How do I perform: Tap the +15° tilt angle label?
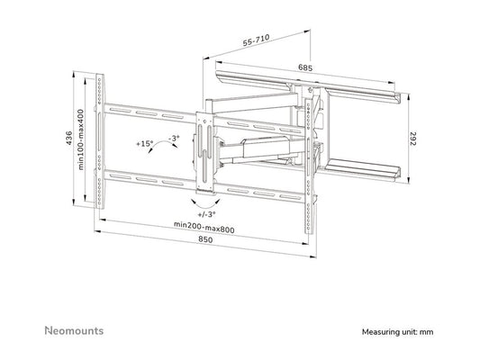coord(144,143)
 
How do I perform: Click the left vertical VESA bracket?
coord(106,139)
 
